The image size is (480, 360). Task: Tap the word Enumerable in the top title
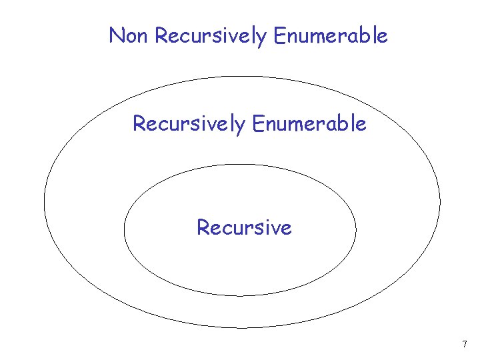[x=330, y=35]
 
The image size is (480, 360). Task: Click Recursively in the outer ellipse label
[x=189, y=124]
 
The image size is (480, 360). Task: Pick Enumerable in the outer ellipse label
[x=309, y=123]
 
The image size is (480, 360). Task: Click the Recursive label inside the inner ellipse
[x=244, y=227]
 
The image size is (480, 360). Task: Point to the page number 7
[x=465, y=345]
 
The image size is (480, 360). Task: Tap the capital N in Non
[x=116, y=35]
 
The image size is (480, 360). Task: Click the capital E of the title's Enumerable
[x=279, y=35]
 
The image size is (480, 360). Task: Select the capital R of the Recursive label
[x=203, y=227]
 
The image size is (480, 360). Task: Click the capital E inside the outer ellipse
[x=257, y=123]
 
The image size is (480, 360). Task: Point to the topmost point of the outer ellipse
[x=242, y=76]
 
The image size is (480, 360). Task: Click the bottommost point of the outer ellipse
[x=242, y=327]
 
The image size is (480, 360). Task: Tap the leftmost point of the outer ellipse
[x=44, y=201]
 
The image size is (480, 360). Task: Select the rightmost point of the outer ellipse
[x=440, y=201]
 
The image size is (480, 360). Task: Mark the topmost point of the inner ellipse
[x=240, y=164]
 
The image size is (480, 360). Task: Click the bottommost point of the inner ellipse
[x=240, y=295]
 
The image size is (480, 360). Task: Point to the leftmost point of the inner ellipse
[x=124, y=230]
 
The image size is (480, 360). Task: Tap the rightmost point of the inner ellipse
[x=356, y=230]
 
